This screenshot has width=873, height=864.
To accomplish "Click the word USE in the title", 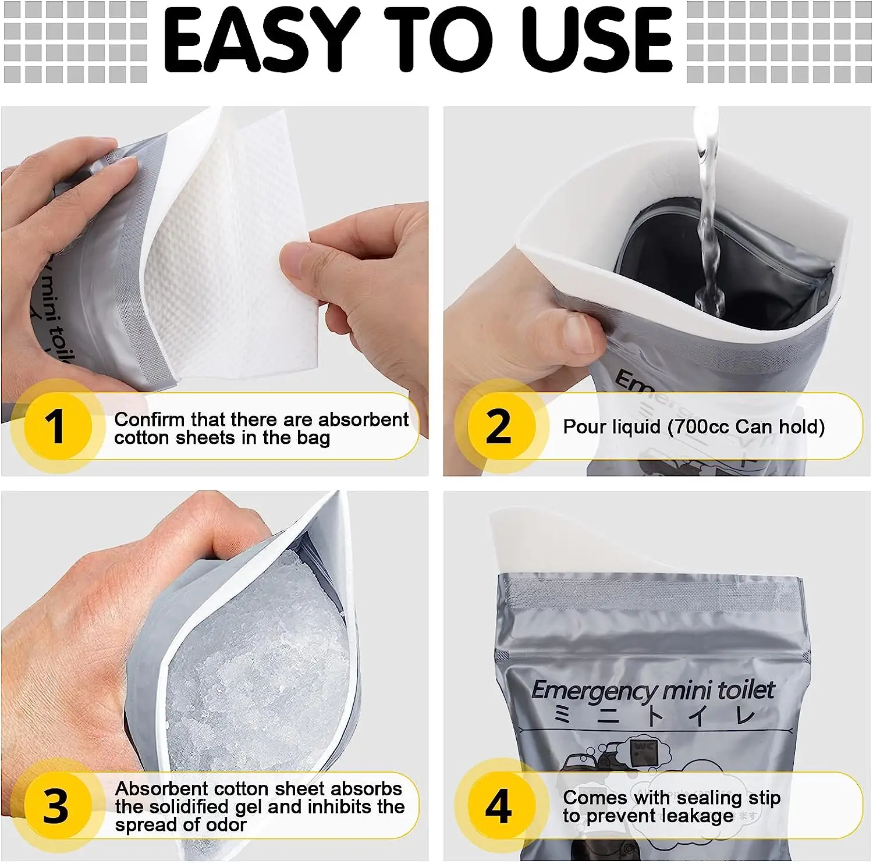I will (x=597, y=41).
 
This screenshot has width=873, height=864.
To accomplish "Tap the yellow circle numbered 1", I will (x=56, y=426).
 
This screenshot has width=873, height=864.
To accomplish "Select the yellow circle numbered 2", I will (x=499, y=426).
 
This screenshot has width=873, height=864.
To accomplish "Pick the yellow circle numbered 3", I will (x=56, y=806).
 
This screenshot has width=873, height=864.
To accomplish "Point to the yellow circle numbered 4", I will (x=499, y=806).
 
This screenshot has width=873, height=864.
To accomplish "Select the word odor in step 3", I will (x=226, y=824).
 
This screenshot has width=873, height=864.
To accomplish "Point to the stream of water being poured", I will (x=708, y=221).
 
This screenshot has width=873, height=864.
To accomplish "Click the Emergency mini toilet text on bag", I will (x=652, y=691).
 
